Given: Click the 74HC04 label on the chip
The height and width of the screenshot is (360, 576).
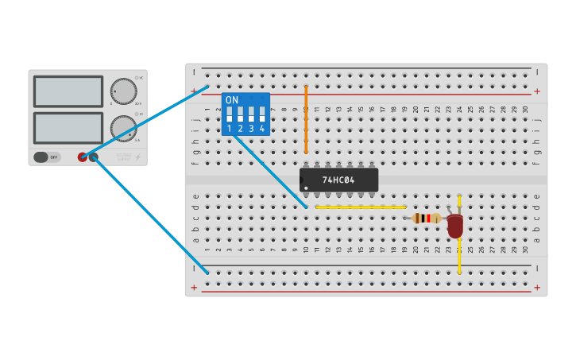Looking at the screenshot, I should pyautogui.click(x=339, y=180).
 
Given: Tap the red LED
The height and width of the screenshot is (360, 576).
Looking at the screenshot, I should pyautogui.click(x=454, y=226).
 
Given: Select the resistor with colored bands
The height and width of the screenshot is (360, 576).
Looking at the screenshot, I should pyautogui.click(x=427, y=218).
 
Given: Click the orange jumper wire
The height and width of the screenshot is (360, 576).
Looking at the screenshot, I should pyautogui.click(x=306, y=119).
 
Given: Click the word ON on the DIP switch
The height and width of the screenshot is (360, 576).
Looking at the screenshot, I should pyautogui.click(x=232, y=100).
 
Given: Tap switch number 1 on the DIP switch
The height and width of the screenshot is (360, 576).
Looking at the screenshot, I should pyautogui.click(x=230, y=114).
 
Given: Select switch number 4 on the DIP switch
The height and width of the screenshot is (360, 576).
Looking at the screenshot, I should pyautogui.click(x=261, y=114).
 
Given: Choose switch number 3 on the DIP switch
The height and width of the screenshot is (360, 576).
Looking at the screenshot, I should pyautogui.click(x=251, y=114).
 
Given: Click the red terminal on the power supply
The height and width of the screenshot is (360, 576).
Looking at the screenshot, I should pyautogui.click(x=83, y=157).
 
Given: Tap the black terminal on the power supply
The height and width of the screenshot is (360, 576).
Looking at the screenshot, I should pyautogui.click(x=94, y=157).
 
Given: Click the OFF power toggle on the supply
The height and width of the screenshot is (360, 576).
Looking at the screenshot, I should pyautogui.click(x=47, y=157).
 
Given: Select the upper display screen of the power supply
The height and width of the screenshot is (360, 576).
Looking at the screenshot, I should pyautogui.click(x=68, y=91).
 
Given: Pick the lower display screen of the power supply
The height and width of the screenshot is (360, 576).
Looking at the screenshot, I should pyautogui.click(x=68, y=127).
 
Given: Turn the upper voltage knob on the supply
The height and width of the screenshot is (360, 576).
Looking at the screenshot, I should pyautogui.click(x=123, y=91).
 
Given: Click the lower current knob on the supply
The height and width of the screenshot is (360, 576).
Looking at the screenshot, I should pyautogui.click(x=123, y=128).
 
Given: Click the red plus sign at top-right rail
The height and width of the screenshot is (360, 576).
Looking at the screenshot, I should pyautogui.click(x=537, y=91).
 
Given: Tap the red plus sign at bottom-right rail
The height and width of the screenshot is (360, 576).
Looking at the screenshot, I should pyautogui.click(x=537, y=287).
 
